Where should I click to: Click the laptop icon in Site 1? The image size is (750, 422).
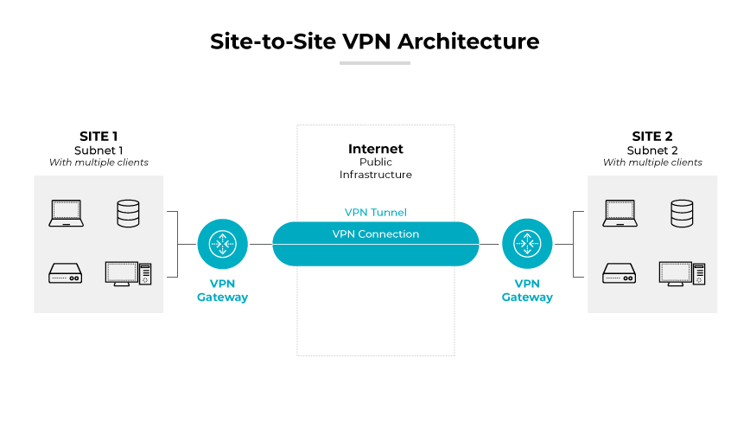click(67, 213)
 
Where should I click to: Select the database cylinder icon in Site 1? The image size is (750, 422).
click(128, 213)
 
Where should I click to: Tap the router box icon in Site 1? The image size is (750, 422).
click(67, 273)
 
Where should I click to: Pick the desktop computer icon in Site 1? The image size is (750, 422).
click(128, 273)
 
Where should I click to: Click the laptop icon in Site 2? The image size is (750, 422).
click(620, 213)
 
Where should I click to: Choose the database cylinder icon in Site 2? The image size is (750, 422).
click(682, 213)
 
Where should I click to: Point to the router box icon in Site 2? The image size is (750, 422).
click(620, 273)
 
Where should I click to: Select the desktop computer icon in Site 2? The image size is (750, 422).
click(682, 273)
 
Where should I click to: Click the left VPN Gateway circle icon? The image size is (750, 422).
click(223, 244)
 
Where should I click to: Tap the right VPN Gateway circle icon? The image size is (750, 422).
click(527, 244)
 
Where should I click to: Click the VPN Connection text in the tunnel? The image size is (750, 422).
click(375, 234)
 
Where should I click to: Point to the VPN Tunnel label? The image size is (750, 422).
click(375, 212)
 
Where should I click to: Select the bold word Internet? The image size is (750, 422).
click(375, 149)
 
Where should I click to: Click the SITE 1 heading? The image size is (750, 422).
click(99, 136)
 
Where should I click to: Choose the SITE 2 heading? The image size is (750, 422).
click(652, 136)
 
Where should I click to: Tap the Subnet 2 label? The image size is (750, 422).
click(652, 150)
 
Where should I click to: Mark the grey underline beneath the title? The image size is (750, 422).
click(374, 63)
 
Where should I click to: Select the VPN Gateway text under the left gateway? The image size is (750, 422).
click(223, 291)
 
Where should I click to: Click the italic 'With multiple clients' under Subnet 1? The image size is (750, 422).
click(99, 163)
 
